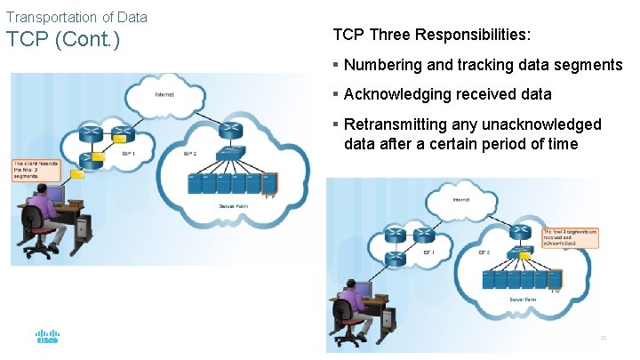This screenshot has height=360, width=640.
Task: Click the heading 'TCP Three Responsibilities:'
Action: (x=432, y=36)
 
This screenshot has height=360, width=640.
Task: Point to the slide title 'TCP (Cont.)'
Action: (x=62, y=41)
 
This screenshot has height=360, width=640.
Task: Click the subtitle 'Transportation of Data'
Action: (x=76, y=17)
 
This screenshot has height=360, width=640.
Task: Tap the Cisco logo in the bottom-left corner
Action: (x=47, y=338)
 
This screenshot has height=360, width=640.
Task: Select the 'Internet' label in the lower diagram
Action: (x=460, y=200)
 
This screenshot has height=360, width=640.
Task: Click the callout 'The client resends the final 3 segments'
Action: (x=33, y=170)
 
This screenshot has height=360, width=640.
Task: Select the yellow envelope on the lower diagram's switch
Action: (x=526, y=256)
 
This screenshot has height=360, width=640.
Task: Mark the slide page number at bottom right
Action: (x=604, y=337)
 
